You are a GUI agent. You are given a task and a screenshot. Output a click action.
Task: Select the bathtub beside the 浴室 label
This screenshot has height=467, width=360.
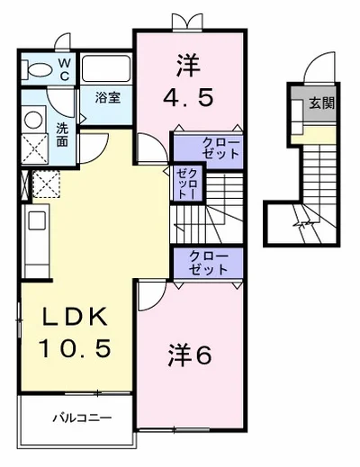[106, 71]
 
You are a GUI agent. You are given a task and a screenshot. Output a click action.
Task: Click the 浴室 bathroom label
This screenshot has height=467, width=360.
[108, 97]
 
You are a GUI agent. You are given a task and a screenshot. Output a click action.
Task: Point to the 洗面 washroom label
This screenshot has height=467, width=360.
[62, 134]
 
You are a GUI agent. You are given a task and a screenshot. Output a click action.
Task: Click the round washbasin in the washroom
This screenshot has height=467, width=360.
[35, 120]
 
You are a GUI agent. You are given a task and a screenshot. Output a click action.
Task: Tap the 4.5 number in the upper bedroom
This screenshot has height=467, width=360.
[188, 96]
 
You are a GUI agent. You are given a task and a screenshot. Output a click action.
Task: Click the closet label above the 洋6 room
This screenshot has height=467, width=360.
[208, 263]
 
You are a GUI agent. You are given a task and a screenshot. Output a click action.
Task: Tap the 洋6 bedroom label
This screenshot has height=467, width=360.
[190, 355]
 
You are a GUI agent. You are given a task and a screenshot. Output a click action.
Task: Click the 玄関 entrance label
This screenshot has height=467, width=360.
[321, 103]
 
